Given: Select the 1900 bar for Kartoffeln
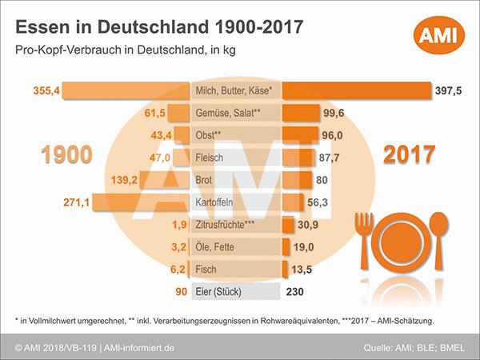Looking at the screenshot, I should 145,202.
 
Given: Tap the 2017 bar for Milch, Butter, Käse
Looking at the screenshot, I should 357,91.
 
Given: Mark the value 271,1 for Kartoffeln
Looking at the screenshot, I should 74,203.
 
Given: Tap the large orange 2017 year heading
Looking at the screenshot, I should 409,154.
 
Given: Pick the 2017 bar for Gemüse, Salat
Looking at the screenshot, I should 298,114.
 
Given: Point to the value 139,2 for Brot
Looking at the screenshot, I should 120,181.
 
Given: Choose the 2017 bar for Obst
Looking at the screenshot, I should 297,136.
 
